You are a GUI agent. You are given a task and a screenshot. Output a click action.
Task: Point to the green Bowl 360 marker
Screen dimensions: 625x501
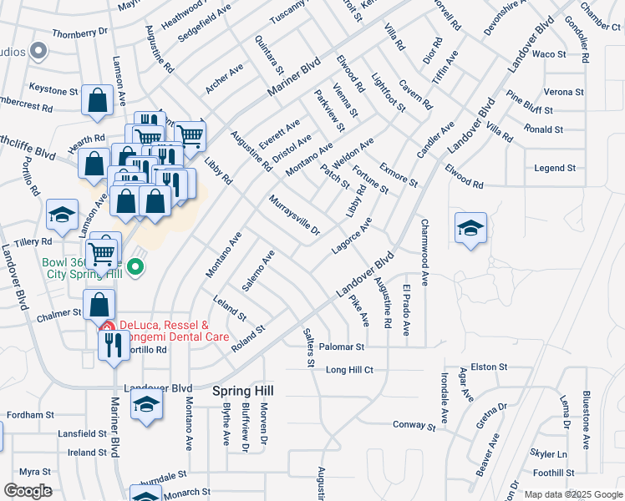tap(138, 267)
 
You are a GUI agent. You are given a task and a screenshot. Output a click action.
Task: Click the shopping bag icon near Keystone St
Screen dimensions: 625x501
tap(98, 100)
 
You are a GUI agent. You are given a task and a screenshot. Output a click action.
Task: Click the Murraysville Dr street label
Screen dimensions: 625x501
tap(294, 216)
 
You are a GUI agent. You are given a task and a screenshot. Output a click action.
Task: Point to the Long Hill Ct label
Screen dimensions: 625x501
tap(348, 369)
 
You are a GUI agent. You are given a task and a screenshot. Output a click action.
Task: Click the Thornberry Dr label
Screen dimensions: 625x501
tap(80, 33)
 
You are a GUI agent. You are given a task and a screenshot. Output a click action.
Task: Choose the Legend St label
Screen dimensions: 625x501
tap(555, 168)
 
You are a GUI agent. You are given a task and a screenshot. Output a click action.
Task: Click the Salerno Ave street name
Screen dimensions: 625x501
tap(257, 271)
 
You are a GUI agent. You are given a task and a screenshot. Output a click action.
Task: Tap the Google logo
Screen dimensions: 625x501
tap(28, 491)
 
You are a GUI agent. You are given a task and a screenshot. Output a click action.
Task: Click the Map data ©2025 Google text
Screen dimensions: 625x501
tap(572, 494)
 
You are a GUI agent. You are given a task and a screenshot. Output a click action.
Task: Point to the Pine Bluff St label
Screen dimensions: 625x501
tap(530, 109)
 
